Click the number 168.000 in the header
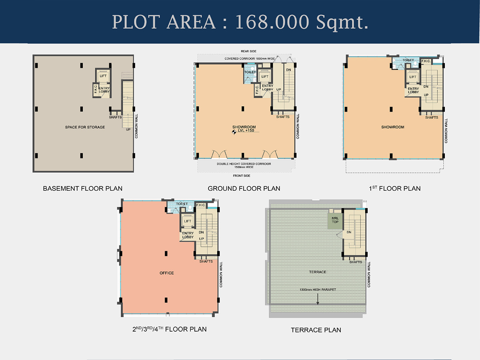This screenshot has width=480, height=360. (x=272, y=22)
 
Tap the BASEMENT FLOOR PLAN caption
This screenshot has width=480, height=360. (x=83, y=188)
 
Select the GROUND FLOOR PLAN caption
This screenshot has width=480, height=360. (x=244, y=188)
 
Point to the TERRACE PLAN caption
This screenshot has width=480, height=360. (x=316, y=330)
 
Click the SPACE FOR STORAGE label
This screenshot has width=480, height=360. (x=85, y=127)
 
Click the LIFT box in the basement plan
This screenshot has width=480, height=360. (x=103, y=76)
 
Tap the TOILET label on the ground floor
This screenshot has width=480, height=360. (x=250, y=72)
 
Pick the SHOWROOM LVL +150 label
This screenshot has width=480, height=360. (x=244, y=129)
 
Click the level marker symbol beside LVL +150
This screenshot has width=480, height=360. (x=234, y=132)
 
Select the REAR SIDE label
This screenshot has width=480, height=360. (x=248, y=51)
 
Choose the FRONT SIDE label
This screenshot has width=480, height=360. (x=242, y=176)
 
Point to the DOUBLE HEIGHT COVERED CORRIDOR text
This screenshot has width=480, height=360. (x=244, y=164)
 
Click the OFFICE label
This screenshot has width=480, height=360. (x=167, y=273)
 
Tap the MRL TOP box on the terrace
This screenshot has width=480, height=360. (x=335, y=220)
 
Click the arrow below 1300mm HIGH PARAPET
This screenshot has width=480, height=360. (x=318, y=299)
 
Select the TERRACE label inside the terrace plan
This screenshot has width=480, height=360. (x=318, y=272)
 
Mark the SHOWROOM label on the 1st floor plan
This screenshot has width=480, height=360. (x=392, y=127)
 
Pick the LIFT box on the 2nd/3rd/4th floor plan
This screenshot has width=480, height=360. (x=188, y=220)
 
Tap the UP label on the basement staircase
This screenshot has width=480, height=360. (x=128, y=129)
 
